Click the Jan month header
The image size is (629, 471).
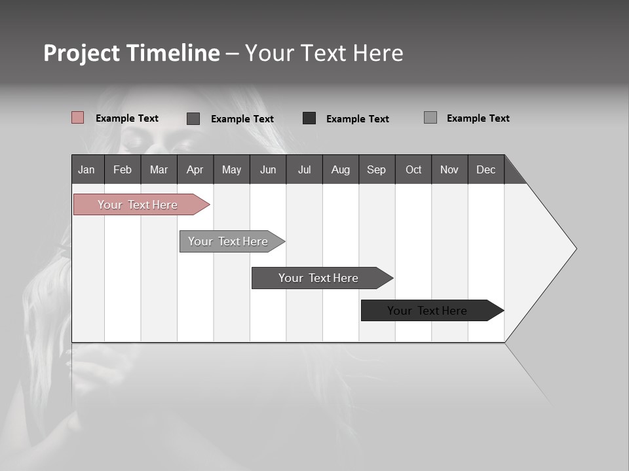click(x=86, y=169)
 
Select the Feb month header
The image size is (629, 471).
click(x=123, y=169)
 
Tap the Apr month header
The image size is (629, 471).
click(x=195, y=169)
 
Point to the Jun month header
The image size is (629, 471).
click(x=267, y=169)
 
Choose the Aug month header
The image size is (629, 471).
click(x=340, y=169)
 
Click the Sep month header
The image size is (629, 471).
click(x=376, y=169)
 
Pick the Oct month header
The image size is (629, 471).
click(x=413, y=169)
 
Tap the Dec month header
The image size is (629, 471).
click(x=486, y=169)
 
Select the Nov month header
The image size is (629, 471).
click(x=449, y=169)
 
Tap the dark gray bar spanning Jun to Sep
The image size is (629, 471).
click(x=319, y=278)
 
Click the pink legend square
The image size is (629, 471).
click(x=78, y=118)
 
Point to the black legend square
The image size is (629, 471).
click(x=309, y=118)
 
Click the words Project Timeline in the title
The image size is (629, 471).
click(x=132, y=53)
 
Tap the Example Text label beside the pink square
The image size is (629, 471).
click(x=127, y=118)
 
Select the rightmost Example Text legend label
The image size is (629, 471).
click(x=478, y=118)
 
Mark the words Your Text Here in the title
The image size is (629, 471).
click(x=324, y=53)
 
